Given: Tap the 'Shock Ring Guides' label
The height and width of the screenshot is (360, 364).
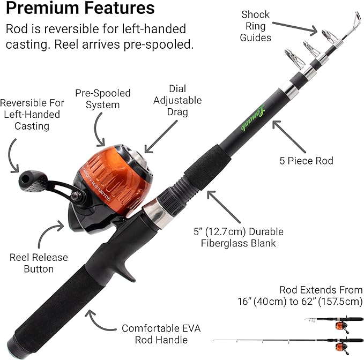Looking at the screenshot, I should [x=255, y=26].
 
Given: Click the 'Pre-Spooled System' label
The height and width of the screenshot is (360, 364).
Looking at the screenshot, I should [x=102, y=99].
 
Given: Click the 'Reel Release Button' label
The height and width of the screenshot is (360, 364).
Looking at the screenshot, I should [x=39, y=263].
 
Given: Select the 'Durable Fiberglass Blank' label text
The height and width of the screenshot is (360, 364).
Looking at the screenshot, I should [x=238, y=238].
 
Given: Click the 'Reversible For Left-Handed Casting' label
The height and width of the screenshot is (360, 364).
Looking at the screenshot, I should [x=32, y=114].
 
